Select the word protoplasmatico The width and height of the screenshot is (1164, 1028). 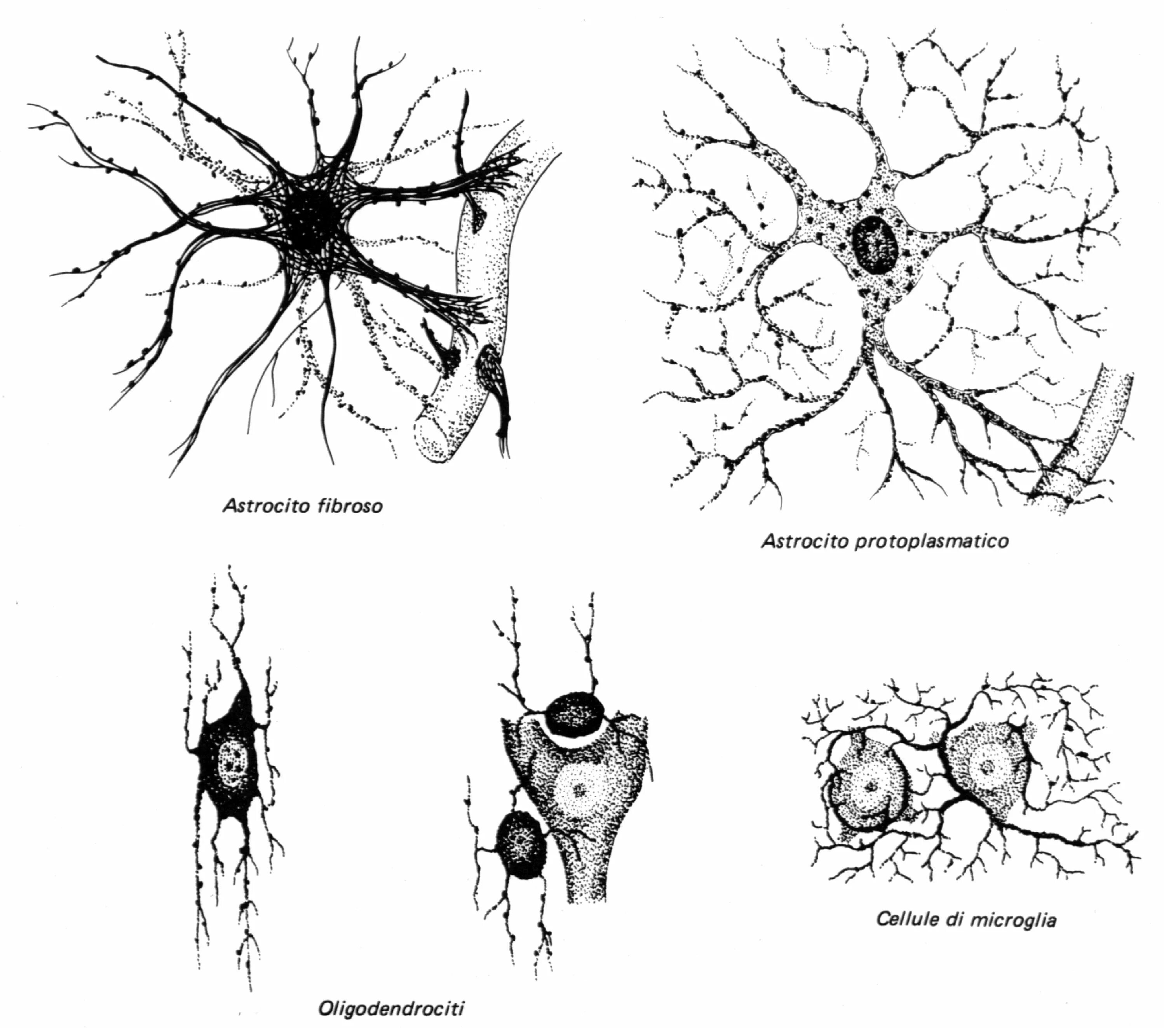tap(932, 540)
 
